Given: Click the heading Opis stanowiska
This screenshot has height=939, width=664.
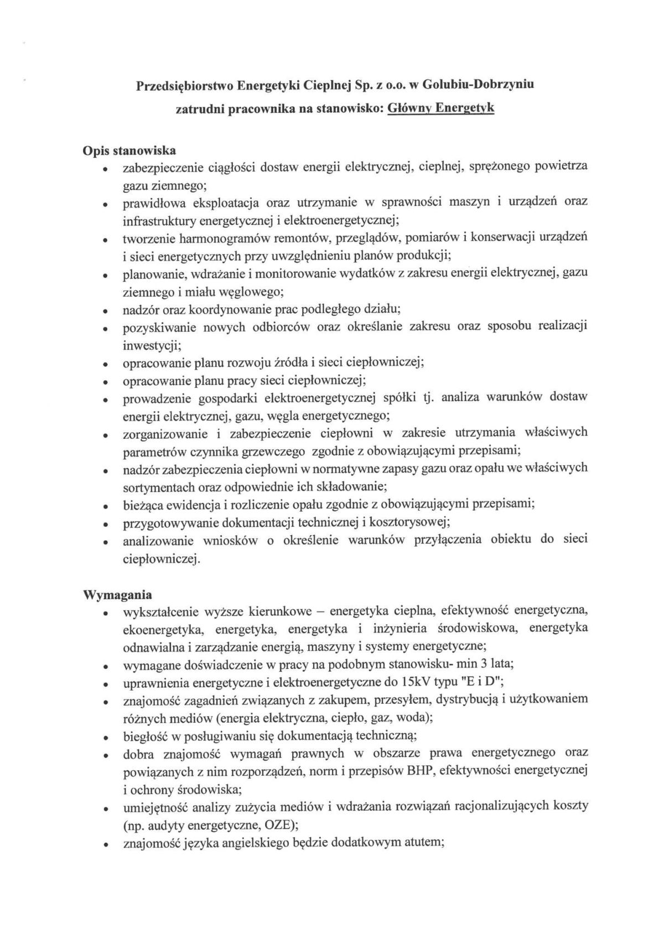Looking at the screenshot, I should click(x=129, y=150).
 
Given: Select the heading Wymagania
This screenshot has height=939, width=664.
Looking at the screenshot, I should click(x=117, y=595).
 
